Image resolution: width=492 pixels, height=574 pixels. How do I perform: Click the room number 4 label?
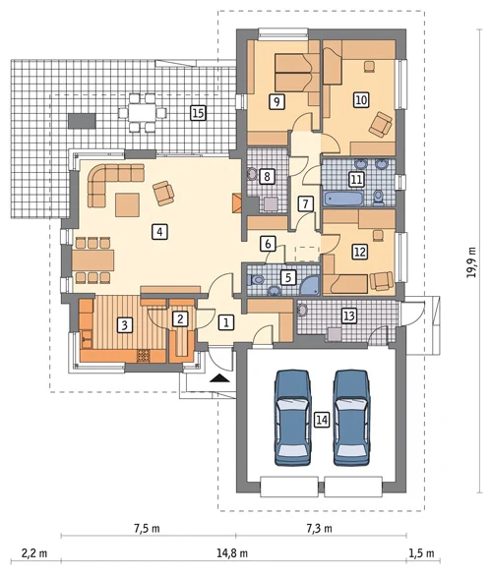[159, 232]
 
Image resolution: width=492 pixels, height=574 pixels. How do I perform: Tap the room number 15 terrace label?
[198, 113]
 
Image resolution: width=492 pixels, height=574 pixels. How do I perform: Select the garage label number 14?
[322, 420]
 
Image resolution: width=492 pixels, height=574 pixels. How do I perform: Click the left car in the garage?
[292, 418]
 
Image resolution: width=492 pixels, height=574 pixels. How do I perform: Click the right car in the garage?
[351, 418]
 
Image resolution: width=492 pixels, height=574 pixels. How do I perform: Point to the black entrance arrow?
[219, 378]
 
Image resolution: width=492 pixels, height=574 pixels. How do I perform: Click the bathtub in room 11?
[343, 198]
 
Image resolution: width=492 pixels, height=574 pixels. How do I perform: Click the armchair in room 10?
[381, 125]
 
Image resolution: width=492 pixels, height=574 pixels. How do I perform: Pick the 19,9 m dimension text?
[471, 261]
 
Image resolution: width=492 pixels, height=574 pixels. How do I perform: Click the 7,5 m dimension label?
[147, 528]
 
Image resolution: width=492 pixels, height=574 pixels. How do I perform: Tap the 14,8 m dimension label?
[232, 552]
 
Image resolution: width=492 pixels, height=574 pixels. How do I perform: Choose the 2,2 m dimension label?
[34, 552]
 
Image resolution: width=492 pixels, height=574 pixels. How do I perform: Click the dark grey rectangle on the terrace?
[82, 121]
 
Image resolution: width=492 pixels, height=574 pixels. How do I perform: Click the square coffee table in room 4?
[128, 205]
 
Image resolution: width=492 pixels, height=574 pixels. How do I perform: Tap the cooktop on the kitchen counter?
[144, 356]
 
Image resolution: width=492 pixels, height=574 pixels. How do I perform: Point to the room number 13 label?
[349, 316]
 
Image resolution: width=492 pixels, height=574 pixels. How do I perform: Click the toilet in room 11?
[379, 198]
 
